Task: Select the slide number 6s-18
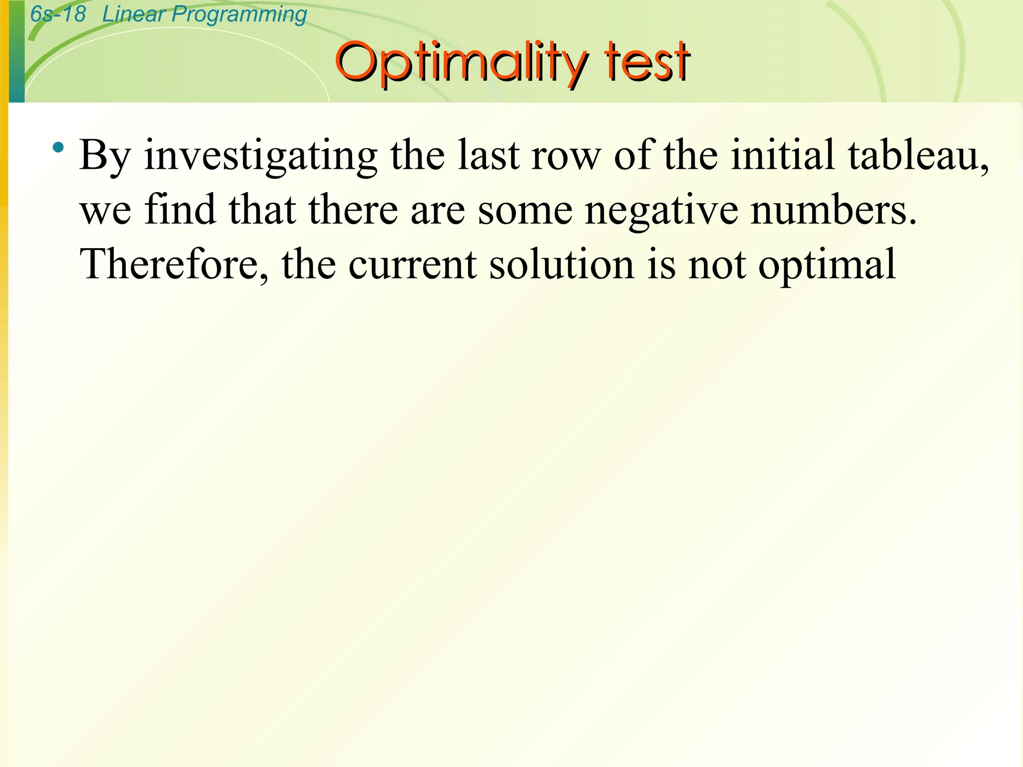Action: [x=58, y=14]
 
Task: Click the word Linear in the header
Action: [x=133, y=14]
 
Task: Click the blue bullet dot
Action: [x=59, y=147]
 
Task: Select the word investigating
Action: [x=261, y=156]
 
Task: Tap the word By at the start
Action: [x=105, y=156]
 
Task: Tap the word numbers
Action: [x=834, y=210]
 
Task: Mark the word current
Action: [x=412, y=264]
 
